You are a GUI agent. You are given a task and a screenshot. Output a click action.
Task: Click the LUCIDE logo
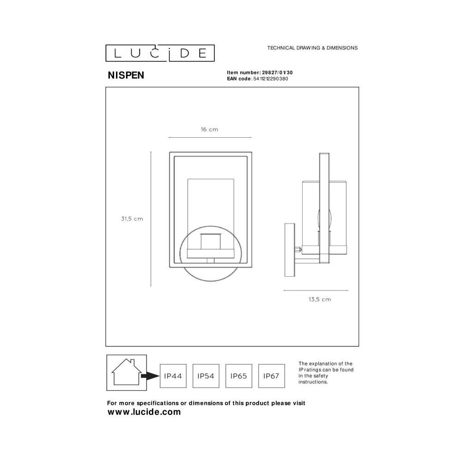160,53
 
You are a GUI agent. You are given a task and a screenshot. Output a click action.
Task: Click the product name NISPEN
126,75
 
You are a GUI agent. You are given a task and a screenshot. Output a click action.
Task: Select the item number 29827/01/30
277,73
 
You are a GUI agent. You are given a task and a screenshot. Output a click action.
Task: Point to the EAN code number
270,79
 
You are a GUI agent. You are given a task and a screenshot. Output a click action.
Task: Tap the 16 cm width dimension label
209,129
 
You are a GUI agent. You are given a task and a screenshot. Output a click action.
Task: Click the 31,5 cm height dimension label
132,219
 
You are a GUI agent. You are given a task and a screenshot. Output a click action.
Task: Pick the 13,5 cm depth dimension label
320,299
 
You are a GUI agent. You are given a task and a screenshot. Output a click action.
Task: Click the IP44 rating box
173,376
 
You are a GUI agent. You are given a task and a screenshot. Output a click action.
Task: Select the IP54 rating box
206,376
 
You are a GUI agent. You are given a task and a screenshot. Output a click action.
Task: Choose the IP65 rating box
239,376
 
